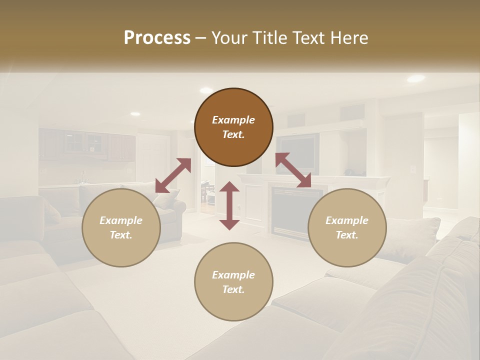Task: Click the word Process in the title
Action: point(157,38)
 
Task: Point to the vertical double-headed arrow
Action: point(229,205)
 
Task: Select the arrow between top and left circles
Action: point(173,175)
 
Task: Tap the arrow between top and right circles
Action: point(293,170)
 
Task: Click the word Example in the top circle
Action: point(233,120)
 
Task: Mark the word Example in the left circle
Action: point(121,220)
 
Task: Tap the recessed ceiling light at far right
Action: point(415,78)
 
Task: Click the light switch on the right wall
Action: point(413,169)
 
